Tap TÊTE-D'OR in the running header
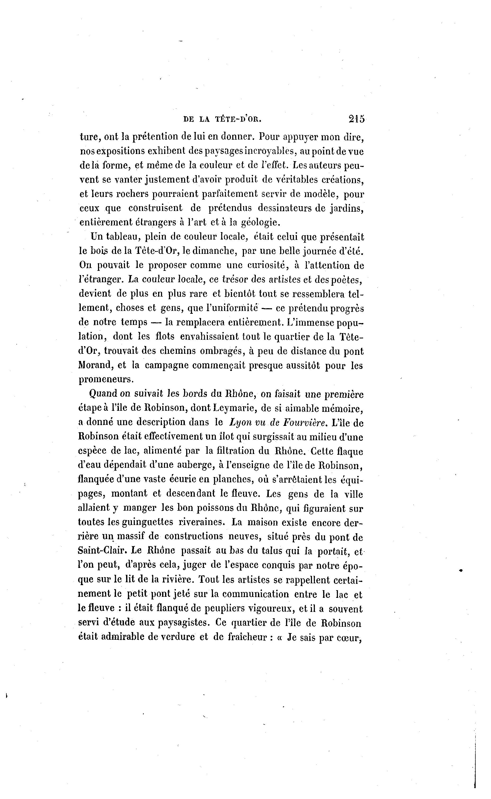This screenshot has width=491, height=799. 238,119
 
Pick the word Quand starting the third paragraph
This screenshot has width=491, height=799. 103,394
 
